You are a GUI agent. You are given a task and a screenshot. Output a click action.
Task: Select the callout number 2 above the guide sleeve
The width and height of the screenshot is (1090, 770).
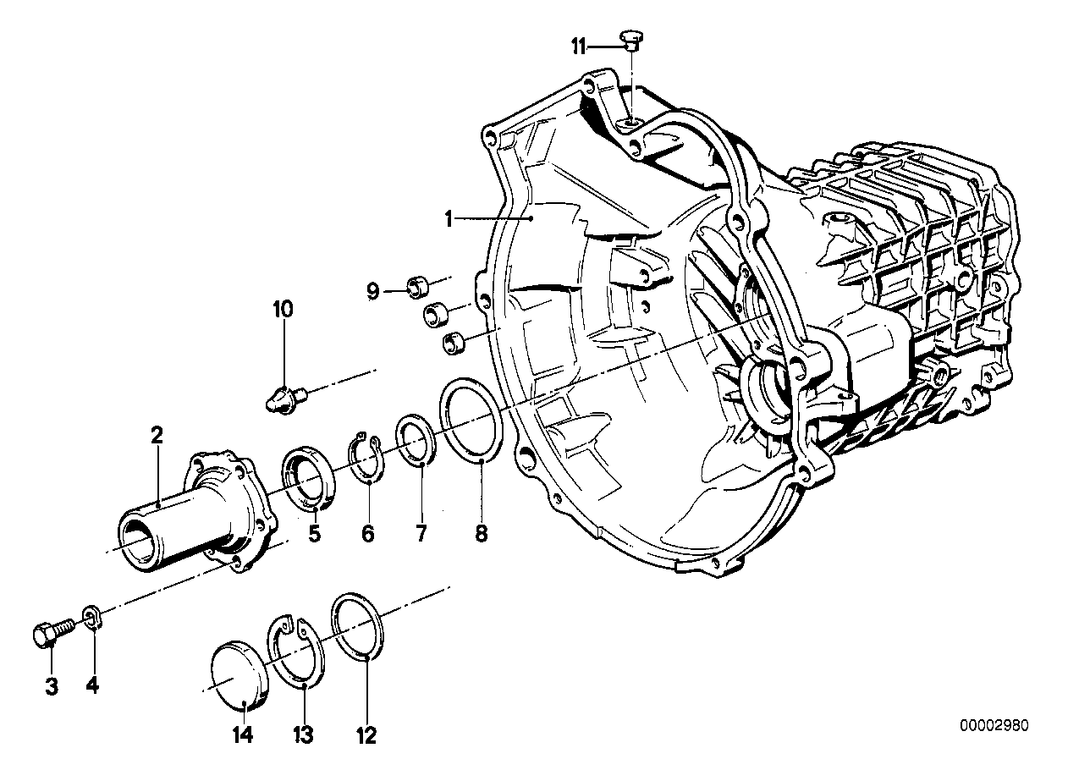pos(157,436)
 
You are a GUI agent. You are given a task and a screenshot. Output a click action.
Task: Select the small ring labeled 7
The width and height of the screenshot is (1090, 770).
pos(416,440)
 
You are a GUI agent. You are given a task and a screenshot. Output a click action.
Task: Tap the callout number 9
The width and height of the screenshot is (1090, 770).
pos(372,292)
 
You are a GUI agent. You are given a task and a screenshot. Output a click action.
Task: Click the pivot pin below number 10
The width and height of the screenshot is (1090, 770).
pos(285,396)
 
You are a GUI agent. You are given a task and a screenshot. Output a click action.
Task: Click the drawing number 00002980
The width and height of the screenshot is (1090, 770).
pos(994,725)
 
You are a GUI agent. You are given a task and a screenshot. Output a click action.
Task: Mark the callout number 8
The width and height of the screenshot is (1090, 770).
pos(481,535)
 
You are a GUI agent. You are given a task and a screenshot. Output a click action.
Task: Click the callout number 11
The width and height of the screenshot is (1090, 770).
pos(578,47)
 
